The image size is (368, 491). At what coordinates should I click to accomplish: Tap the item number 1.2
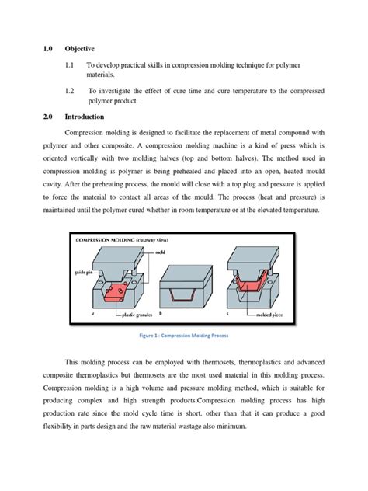(x=71, y=91)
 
